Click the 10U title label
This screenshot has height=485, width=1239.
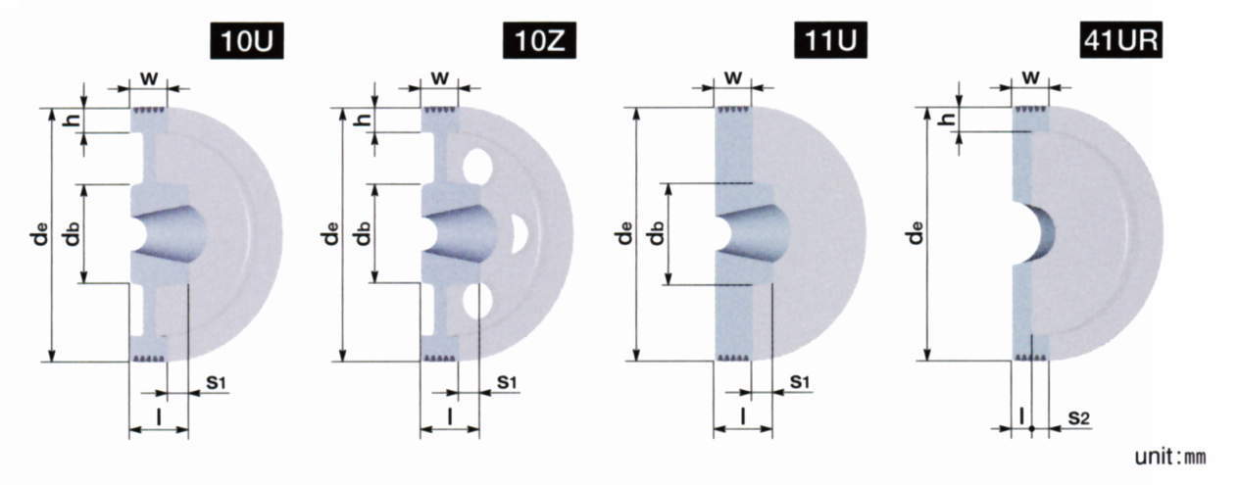click(247, 40)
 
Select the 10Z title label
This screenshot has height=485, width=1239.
click(539, 40)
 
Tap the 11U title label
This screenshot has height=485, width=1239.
click(830, 40)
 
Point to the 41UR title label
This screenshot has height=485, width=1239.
click(1121, 40)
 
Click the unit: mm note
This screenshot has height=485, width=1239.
click(1169, 457)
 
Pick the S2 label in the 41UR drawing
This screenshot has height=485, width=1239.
click(1078, 418)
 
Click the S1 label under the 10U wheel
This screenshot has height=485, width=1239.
click(217, 382)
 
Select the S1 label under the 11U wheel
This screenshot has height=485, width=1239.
click(800, 382)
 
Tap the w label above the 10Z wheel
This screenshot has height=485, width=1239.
click(440, 78)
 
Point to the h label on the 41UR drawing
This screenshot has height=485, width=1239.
click(949, 119)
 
